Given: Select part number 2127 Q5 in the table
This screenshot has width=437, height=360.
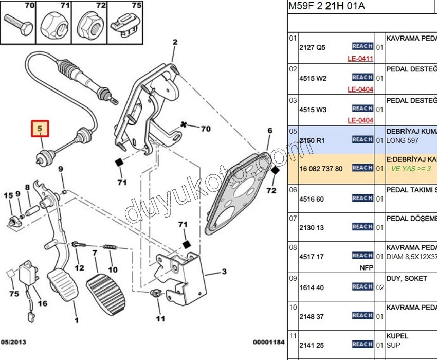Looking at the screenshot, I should coord(312,47).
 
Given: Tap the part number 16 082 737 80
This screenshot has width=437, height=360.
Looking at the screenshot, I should coord(321,168).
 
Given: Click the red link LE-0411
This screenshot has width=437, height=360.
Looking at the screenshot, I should coord(360,59).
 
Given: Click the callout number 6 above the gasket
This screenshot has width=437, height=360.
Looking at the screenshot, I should coord(270,131).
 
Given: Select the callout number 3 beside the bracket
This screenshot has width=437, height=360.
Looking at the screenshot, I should coord(224,272).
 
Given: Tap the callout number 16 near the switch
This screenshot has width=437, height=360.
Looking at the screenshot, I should coord(43,303).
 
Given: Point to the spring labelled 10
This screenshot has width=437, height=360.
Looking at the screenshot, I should coord(110,248).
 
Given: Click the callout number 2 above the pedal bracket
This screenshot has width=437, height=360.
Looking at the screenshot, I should coord(175,42).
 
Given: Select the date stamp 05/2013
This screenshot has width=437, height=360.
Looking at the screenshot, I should coord(13,341).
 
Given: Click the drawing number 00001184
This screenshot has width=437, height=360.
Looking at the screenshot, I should coord(268,341).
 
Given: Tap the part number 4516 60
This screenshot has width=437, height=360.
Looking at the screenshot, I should coord(312,199).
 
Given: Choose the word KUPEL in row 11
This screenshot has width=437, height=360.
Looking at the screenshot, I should coord(397,336).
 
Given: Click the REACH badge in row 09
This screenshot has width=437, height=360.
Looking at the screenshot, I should coord(362,286).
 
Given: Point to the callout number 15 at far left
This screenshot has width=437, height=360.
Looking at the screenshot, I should coord(8,196).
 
